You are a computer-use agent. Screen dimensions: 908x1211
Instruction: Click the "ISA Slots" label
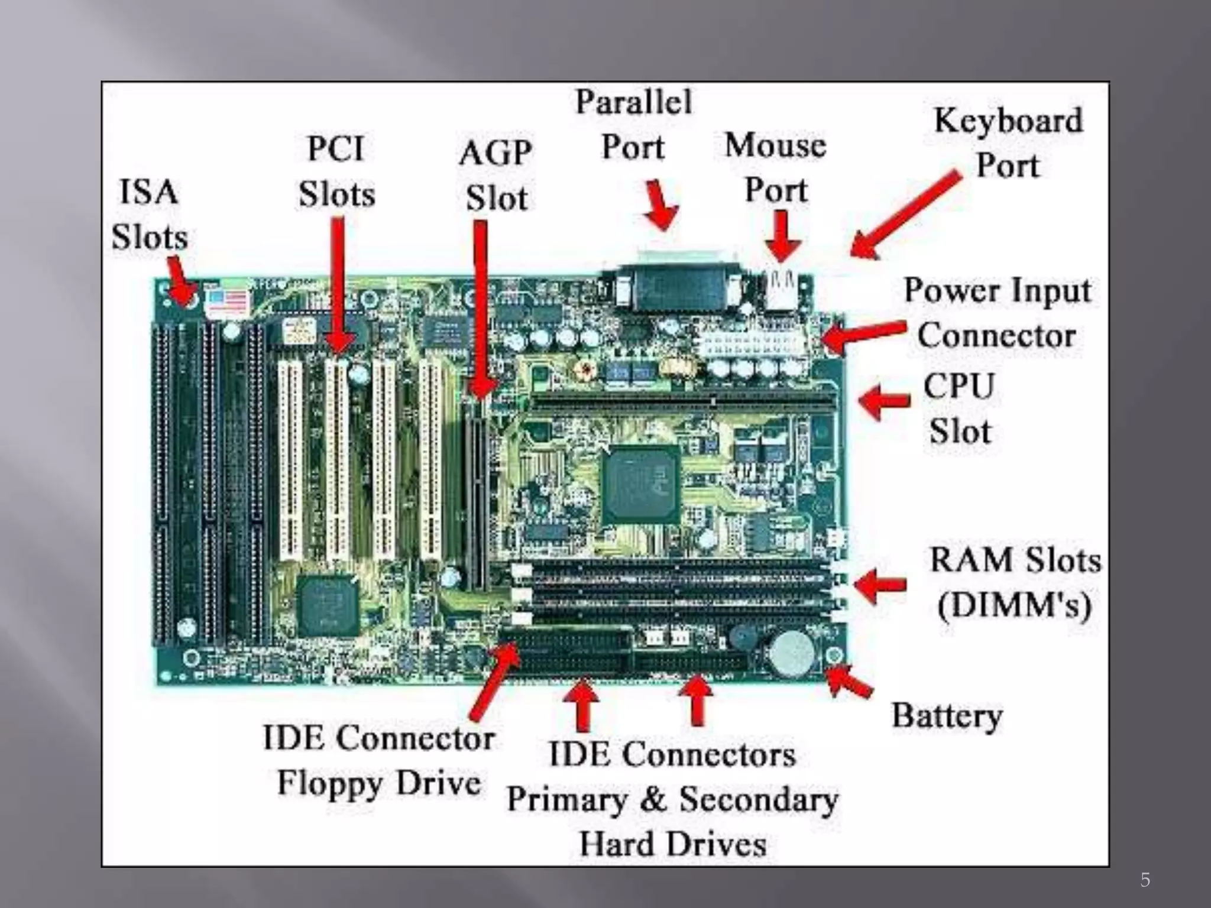point(149,214)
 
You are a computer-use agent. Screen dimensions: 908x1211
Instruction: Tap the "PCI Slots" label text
point(336,171)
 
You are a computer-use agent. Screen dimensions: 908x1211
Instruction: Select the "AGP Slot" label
point(496,175)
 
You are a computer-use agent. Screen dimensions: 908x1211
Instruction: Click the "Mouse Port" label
point(775,167)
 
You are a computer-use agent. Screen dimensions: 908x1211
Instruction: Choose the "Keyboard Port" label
point(1008,142)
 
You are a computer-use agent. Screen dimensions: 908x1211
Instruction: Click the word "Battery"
point(947,716)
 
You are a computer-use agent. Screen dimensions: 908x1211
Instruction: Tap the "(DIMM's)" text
point(1014,605)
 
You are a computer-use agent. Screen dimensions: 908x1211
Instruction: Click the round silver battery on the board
point(791,653)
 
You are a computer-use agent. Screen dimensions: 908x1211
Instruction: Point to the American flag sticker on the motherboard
point(227,303)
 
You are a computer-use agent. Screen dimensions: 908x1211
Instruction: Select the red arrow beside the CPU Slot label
point(884,401)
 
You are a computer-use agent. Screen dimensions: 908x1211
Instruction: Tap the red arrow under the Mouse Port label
point(782,236)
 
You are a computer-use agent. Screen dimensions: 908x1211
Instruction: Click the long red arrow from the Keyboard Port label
point(905,216)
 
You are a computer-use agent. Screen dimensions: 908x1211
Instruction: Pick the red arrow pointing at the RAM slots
point(880,585)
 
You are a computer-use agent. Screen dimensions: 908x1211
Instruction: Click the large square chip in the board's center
point(640,485)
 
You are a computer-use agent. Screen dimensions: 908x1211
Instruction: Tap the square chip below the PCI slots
point(327,606)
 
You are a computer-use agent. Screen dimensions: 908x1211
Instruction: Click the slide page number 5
point(1145,880)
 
